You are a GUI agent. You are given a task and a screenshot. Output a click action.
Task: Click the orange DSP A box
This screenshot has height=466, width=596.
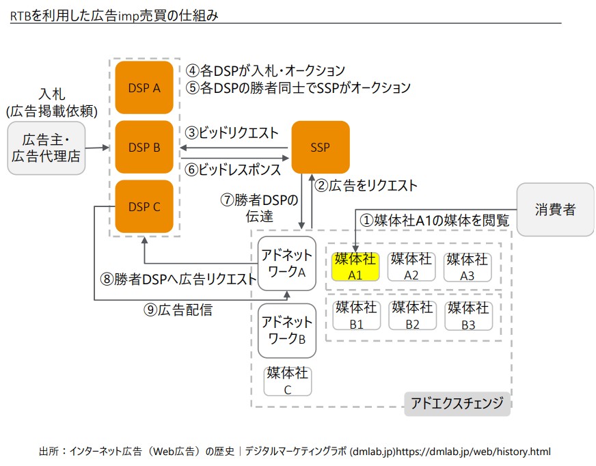144,87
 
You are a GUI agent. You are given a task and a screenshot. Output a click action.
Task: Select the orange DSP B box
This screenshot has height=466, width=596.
144,147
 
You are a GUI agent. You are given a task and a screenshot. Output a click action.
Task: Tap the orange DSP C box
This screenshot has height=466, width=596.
144,206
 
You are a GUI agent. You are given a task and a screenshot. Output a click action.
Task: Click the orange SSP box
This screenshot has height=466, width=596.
321,147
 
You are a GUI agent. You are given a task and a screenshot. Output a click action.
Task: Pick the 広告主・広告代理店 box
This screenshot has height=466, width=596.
46,148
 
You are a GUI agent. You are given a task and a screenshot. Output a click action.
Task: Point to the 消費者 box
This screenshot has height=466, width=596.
555,209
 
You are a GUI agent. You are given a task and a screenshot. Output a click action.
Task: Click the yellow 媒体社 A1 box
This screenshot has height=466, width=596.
355,266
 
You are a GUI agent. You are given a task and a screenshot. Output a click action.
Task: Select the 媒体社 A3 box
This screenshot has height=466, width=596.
468,266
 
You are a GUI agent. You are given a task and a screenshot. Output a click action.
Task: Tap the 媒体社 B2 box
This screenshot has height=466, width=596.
411,315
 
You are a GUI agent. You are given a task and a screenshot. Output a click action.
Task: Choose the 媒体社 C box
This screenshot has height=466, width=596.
288,381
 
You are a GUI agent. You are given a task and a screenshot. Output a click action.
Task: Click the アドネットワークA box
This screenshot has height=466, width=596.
287,264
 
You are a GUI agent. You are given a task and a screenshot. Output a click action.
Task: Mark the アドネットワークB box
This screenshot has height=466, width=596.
287,330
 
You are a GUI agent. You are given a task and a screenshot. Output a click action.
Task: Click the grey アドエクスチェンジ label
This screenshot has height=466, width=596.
457,403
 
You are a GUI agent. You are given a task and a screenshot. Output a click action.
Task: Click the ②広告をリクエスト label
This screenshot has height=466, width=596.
366,185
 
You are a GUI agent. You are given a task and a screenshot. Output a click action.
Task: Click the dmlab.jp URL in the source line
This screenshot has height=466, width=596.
473,452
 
